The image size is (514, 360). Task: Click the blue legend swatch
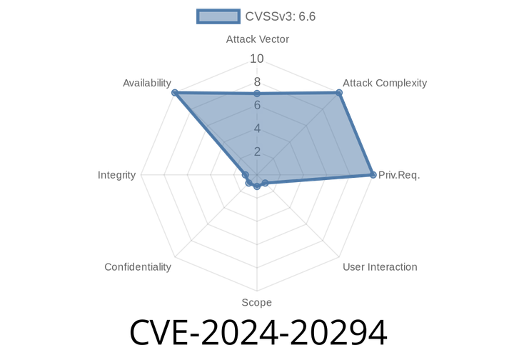218,16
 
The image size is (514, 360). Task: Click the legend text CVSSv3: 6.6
280,16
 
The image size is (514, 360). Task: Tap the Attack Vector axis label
257,39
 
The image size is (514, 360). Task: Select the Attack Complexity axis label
384,83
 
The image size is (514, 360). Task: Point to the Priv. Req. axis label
399,174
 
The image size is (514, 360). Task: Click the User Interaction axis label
379,267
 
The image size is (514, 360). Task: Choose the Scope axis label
256,303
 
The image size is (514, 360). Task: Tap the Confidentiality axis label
137,267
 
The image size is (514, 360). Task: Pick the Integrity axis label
116,175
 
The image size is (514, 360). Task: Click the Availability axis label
146,84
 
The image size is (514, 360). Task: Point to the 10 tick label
257,59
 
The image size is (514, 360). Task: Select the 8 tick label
257,82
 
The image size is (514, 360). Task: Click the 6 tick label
257,106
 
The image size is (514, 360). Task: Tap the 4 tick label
257,129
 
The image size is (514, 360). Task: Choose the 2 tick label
257,151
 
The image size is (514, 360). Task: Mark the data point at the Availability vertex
173,92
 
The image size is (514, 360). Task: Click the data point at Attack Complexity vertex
340,91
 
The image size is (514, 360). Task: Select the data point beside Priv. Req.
374,174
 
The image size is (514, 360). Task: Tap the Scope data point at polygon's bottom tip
257,187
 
